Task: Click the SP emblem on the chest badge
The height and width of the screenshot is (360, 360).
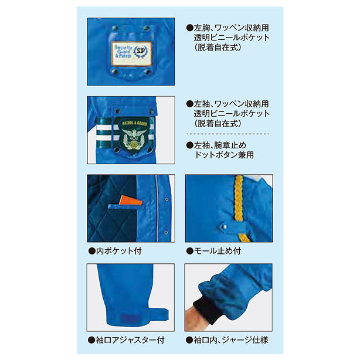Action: point(140,52)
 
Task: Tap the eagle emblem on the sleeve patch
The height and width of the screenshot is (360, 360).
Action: point(134,138)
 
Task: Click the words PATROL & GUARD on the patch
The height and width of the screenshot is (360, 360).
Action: point(134,123)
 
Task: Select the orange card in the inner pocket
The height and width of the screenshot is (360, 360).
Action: point(130,200)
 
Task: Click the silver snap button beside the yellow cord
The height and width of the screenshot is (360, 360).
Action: point(224,227)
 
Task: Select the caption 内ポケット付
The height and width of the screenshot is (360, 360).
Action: point(115,251)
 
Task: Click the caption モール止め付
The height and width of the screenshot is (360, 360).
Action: point(213,251)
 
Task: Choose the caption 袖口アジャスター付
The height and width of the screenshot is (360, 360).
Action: point(126,340)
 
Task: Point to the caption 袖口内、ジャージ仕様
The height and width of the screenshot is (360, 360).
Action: point(227,340)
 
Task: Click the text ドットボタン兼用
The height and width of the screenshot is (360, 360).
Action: point(224,155)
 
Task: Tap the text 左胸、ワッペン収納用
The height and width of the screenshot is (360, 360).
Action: point(227,28)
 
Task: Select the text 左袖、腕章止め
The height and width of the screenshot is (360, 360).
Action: point(216,145)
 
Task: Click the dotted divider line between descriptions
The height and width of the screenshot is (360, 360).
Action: point(227,134)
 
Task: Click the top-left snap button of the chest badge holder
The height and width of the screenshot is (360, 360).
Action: point(114,29)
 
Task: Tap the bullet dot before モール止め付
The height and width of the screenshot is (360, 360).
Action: point(190,251)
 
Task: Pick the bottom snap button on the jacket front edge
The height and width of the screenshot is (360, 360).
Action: point(166,233)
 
